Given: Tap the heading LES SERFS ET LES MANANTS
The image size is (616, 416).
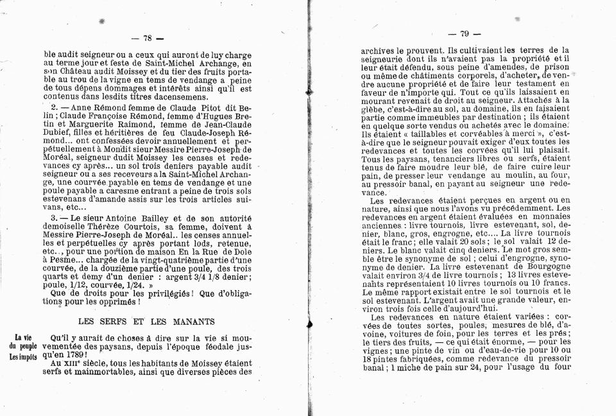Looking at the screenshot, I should [146, 320].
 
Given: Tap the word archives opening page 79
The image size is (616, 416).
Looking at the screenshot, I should [380, 49].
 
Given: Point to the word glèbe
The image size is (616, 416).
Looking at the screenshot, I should [375, 110].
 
